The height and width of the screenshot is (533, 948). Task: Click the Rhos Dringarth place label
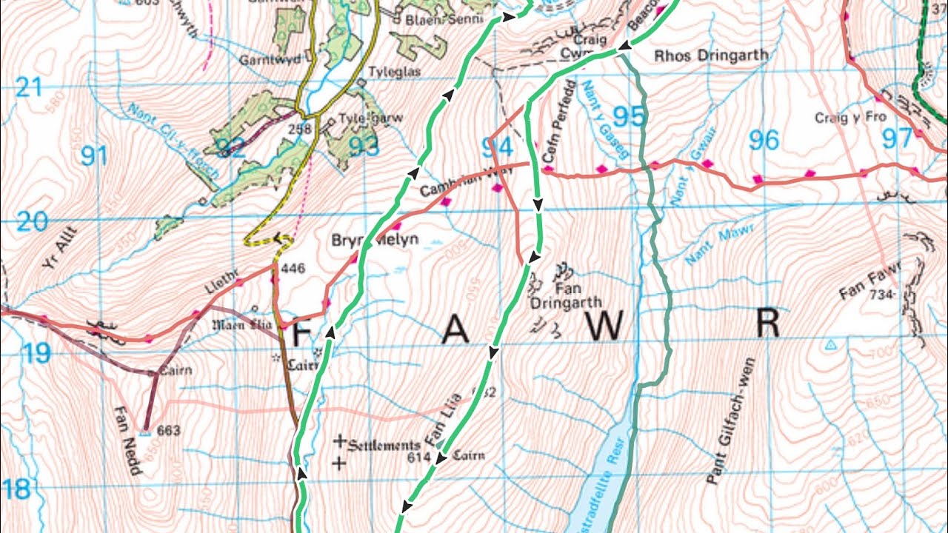[x=712, y=56]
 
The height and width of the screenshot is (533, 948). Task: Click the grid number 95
[x=629, y=118]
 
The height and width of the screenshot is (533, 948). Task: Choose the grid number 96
[x=764, y=139]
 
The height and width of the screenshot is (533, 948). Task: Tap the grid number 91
[x=94, y=156]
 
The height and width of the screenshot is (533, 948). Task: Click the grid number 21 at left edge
[x=28, y=88]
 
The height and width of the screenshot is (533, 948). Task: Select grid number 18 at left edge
[x=16, y=489]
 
